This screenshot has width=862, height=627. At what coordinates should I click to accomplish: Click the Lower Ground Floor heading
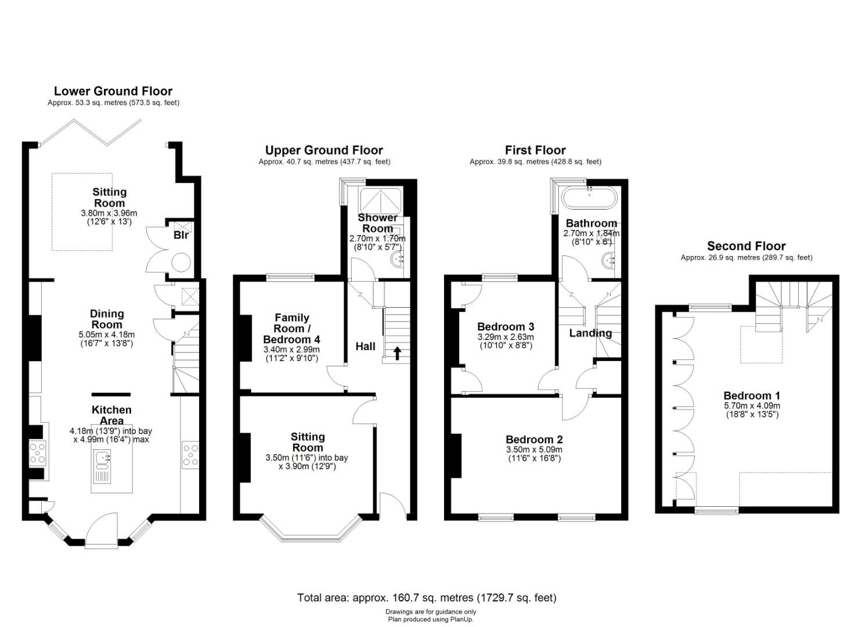113,91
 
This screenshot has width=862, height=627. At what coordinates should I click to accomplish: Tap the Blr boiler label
181,235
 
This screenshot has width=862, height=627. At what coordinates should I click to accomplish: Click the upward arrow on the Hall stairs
396,353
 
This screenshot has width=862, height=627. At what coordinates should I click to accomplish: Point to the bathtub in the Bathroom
589,198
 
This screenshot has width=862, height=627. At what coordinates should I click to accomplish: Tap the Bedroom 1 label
752,395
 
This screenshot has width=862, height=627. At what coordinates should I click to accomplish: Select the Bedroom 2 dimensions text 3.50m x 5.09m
534,449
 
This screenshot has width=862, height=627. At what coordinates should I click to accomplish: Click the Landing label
590,333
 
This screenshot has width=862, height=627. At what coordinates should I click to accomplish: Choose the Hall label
365,347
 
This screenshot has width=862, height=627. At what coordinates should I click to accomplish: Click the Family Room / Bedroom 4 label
292,329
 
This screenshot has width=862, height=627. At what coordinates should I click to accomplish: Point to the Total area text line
427,597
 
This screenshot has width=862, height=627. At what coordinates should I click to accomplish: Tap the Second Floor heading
746,246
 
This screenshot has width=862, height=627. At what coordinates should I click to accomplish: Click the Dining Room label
107,319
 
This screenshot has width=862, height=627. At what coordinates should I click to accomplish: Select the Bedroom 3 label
506,327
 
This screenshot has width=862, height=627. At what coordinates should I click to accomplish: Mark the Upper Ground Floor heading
324,150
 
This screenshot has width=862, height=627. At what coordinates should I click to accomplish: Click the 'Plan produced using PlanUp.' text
431,619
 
